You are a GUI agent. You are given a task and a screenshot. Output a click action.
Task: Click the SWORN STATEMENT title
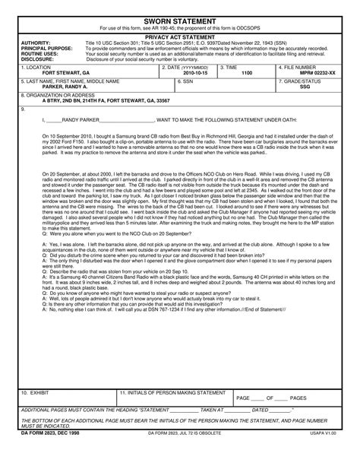point(181,21)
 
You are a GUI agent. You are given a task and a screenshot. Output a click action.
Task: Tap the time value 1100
point(247,72)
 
